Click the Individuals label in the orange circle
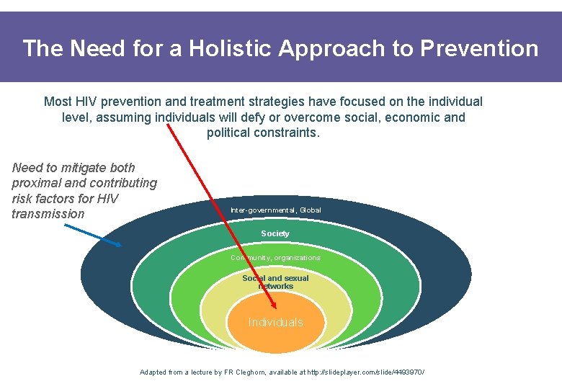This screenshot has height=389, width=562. (276, 322)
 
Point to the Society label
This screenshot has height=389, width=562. (275, 233)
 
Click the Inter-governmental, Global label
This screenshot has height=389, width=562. (275, 210)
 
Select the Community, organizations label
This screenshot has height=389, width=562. (275, 257)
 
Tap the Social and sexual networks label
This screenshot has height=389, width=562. (275, 282)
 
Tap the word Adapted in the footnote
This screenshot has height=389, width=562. (153, 372)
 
